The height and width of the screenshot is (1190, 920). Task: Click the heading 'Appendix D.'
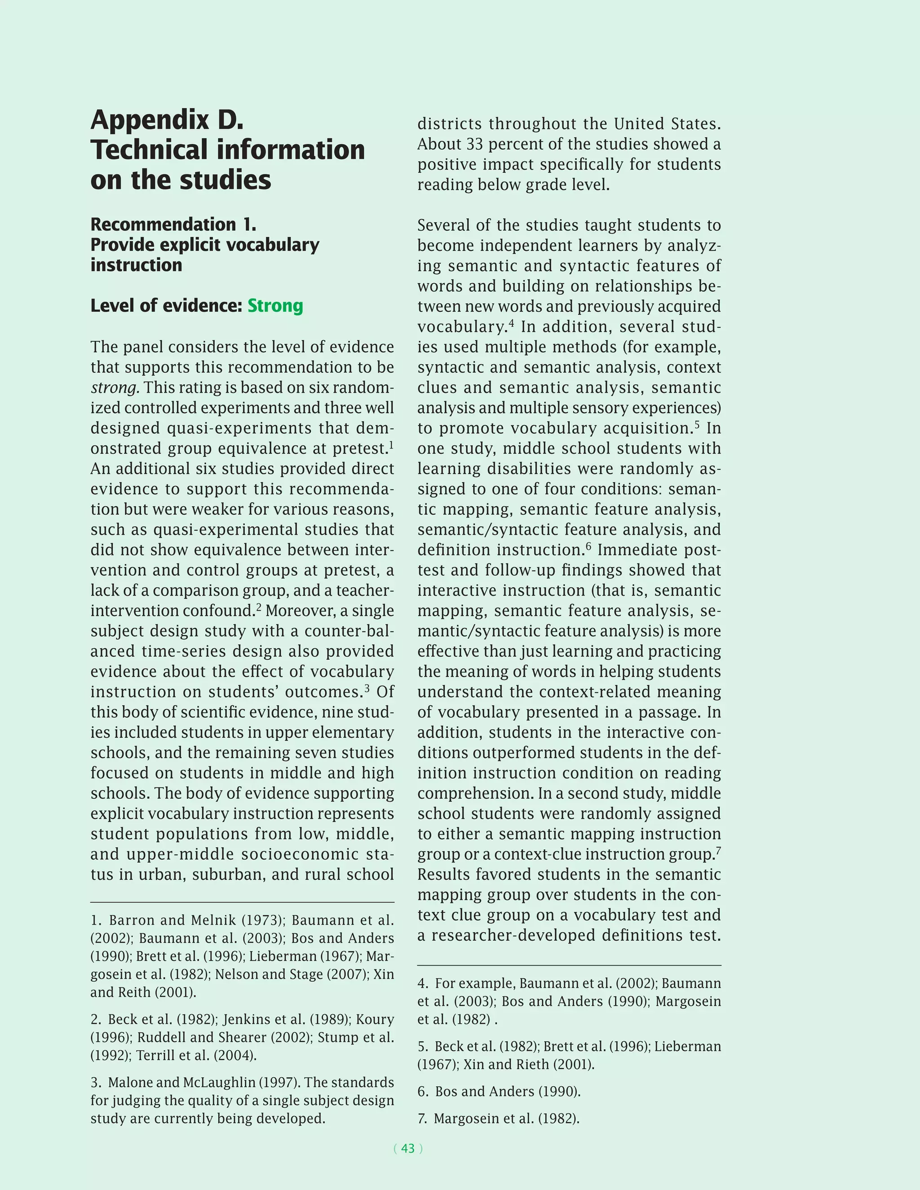point(167,120)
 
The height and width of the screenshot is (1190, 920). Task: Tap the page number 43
point(408,1148)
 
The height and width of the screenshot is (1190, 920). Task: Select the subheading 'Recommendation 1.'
point(173,225)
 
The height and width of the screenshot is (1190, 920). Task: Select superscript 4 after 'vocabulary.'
point(511,323)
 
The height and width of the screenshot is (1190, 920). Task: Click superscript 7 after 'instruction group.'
point(718,850)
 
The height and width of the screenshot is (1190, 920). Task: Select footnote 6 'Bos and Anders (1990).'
point(507,1091)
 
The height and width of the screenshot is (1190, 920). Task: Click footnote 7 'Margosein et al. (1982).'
point(506,1119)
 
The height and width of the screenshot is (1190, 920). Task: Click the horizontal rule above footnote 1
point(242,902)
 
